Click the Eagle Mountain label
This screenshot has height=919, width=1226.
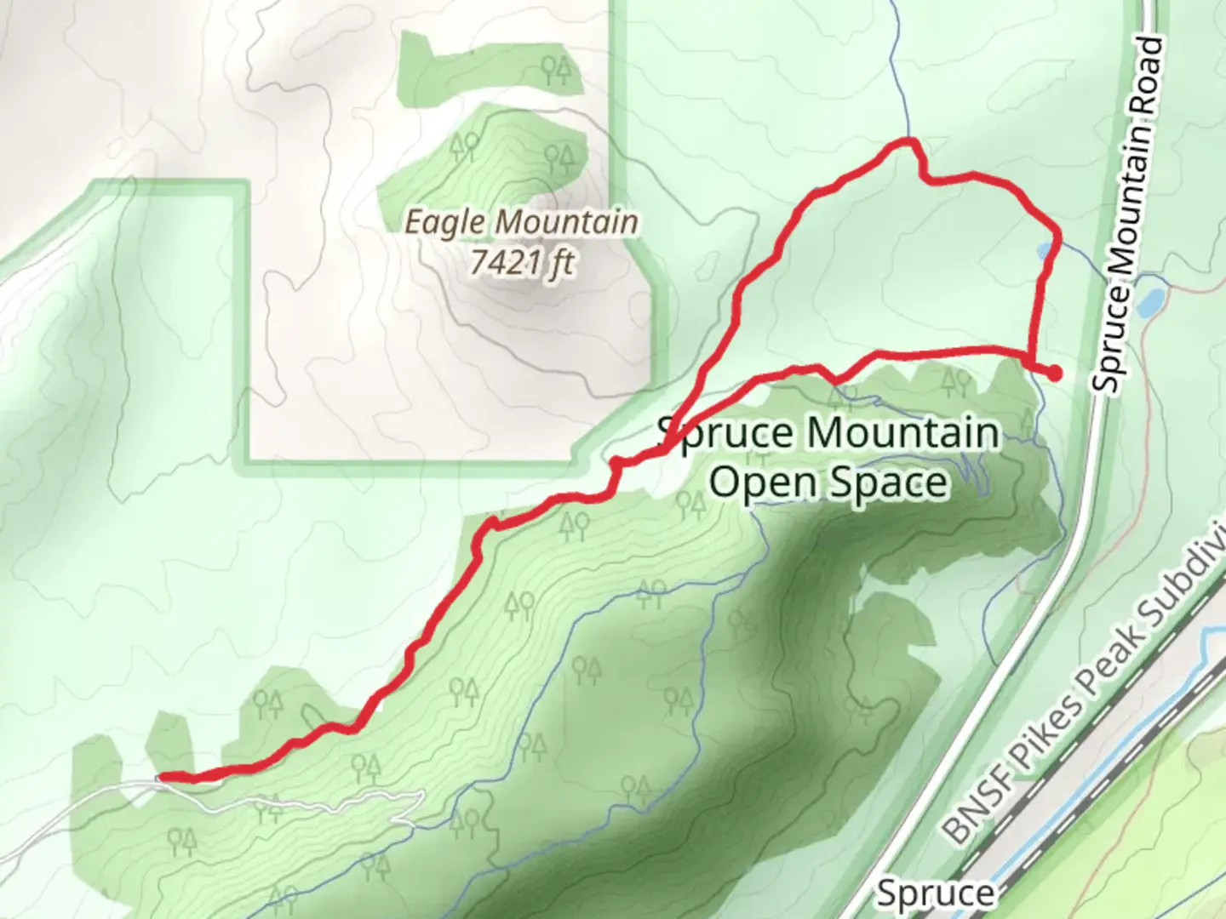[521, 223]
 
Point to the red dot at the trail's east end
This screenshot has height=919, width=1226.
[1054, 373]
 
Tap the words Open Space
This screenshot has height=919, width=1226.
[828, 482]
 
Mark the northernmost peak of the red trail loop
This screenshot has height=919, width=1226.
[909, 140]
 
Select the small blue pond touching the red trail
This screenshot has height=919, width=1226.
[1044, 251]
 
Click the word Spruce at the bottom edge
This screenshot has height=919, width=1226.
[935, 894]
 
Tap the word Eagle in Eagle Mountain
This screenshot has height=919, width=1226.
[445, 223]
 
